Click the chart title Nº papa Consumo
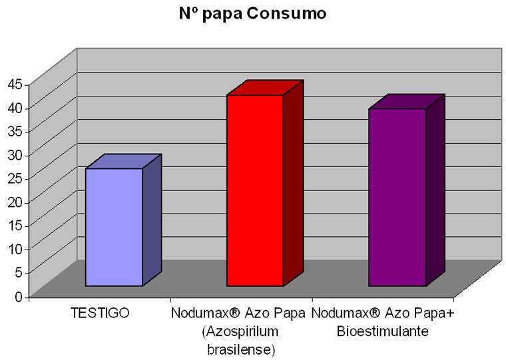point(252,13)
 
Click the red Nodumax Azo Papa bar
point(255,190)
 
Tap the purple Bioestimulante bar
point(397,197)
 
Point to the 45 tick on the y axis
point(15,84)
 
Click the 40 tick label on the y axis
point(15,107)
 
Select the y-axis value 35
point(15,131)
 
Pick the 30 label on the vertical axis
point(15,154)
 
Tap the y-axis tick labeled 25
point(15,178)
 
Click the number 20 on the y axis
point(15,202)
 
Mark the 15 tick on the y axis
point(15,225)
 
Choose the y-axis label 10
point(15,249)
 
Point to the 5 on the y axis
point(18,272)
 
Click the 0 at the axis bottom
point(18,296)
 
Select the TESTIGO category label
point(99,312)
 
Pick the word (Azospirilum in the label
point(240,331)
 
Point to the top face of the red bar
point(265,88)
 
